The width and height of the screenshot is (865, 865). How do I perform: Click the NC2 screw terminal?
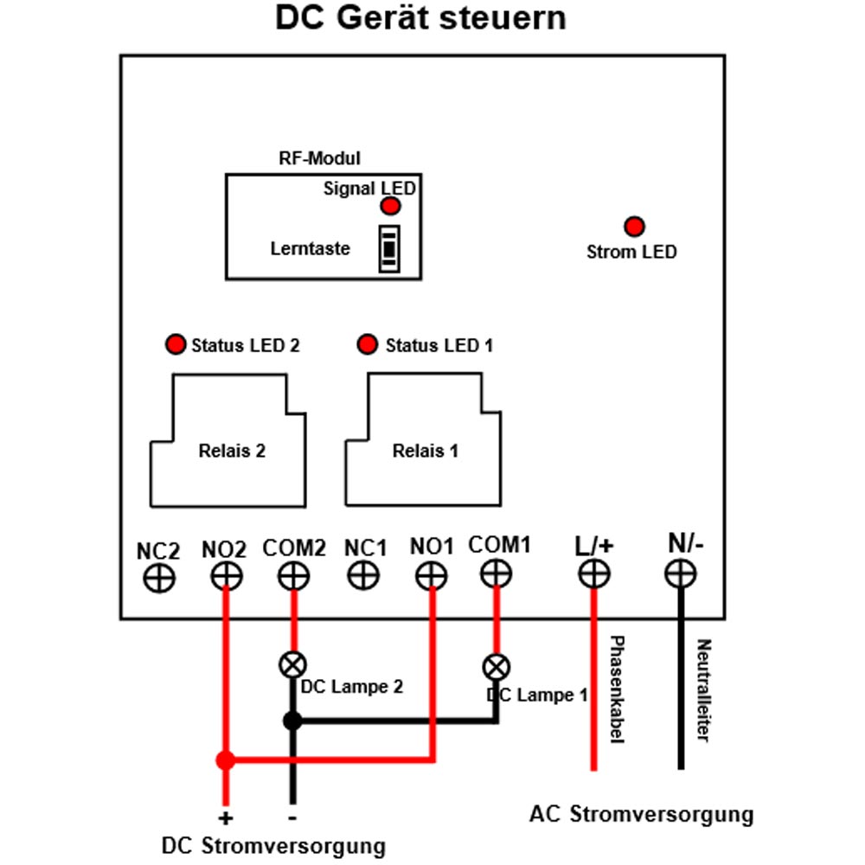coord(159,579)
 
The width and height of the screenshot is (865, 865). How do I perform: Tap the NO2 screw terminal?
coord(226,577)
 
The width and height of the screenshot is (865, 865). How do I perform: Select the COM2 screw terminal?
coord(293,576)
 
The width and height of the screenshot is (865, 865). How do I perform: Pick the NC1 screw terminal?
coord(363,576)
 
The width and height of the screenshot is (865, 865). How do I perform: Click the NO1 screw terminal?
coord(432,576)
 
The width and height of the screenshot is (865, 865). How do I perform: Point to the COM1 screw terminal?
coord(496,573)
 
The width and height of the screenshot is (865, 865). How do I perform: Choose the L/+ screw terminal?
coord(594,573)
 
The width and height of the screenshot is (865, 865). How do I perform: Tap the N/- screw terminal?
coord(680,573)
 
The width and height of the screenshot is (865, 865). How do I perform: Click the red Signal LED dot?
coord(391,207)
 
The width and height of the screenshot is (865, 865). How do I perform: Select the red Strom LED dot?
coord(634,226)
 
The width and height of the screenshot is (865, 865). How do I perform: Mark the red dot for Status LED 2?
coord(176,344)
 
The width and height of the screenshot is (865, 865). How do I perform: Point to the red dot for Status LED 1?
coord(368,344)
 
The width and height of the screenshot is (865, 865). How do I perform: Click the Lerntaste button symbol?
coord(389,249)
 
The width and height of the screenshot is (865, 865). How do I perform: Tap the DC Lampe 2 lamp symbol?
coord(293,664)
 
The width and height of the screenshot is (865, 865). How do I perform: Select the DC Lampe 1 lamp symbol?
coord(497,668)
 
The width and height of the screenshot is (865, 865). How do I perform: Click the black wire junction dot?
coord(293,721)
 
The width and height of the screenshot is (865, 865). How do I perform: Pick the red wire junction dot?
coord(226,760)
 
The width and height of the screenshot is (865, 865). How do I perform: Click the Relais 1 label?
coord(426,451)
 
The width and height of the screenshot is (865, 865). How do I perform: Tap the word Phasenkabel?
coord(617,689)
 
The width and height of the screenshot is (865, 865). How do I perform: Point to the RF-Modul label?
coord(319,158)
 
